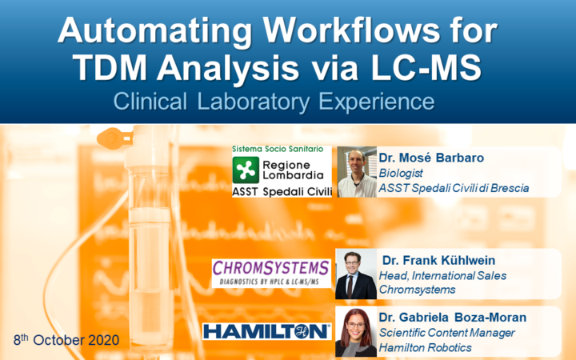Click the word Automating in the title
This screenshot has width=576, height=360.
[155, 30]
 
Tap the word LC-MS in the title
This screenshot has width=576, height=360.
[426, 69]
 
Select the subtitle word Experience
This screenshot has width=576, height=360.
[377, 102]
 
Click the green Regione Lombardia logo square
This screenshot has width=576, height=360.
[246, 170]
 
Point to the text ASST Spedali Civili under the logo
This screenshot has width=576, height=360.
[282, 192]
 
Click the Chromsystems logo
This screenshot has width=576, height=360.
[271, 273]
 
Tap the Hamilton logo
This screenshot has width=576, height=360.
[267, 332]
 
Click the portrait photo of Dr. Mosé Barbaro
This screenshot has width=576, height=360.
[357, 172]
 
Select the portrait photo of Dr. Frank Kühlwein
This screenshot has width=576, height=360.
[356, 274]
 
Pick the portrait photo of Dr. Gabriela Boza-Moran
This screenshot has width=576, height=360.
[356, 332]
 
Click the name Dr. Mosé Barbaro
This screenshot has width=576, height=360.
[431, 158]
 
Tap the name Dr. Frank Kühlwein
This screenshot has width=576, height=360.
[438, 261]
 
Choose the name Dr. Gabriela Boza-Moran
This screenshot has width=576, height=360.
[453, 318]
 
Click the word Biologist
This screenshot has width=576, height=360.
[401, 173]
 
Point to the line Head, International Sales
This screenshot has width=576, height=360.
[442, 275]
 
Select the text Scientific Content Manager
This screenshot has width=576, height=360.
[446, 333]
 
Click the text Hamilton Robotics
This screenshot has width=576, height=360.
[426, 347]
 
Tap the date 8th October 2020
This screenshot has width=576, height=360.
[66, 340]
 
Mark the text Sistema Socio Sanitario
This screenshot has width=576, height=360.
[278, 149]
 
